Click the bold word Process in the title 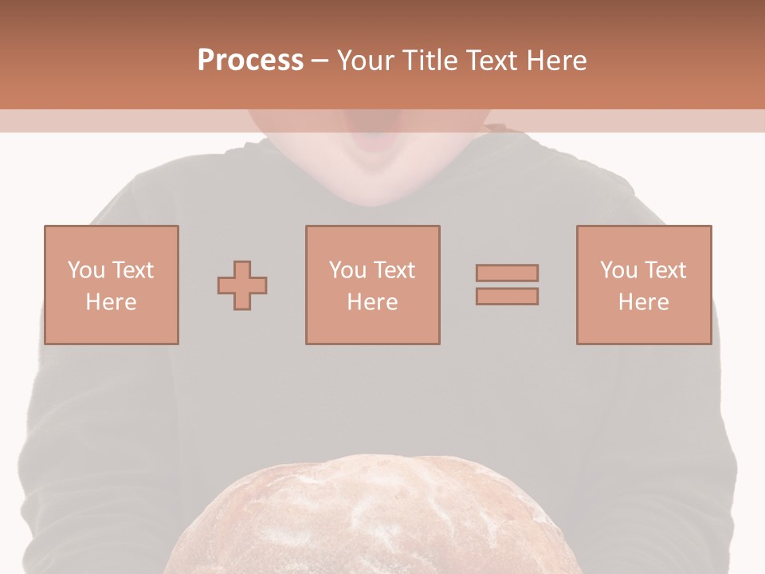(x=250, y=61)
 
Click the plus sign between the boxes (x=242, y=285)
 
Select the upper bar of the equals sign (x=507, y=273)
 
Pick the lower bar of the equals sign (x=507, y=297)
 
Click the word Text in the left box (x=132, y=269)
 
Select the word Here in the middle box (x=373, y=301)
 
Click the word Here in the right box (x=644, y=301)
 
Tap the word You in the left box (x=86, y=269)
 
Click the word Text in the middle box (x=394, y=269)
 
